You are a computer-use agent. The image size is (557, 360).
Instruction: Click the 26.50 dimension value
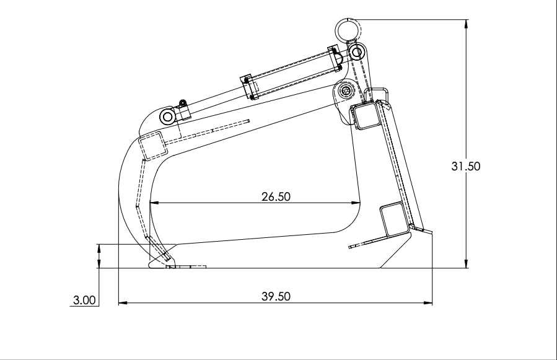276,196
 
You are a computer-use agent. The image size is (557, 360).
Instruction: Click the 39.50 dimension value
276,296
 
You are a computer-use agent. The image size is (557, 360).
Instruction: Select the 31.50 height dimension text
466,166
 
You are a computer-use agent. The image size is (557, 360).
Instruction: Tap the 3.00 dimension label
84,301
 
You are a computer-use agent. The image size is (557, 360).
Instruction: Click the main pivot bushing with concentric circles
346,92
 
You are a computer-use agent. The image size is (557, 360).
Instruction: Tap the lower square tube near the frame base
394,219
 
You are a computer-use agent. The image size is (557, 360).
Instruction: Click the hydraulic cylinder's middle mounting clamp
248,87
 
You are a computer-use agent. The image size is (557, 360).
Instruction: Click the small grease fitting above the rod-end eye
183,103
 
